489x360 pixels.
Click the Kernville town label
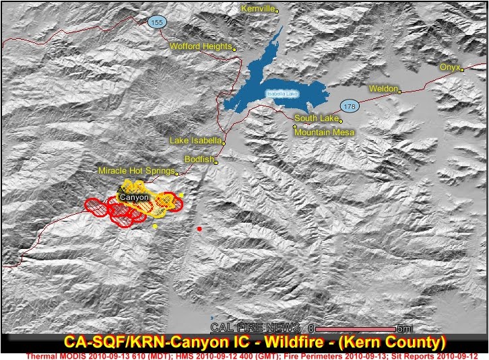259,9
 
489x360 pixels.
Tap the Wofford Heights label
200,47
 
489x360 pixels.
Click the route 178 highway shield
349,106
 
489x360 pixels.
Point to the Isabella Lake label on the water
282,94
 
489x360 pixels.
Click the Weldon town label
384,89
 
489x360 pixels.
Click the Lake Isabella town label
195,141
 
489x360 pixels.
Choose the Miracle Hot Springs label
137,172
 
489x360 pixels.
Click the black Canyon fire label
133,197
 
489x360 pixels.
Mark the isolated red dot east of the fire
199,229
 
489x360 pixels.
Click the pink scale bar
355,328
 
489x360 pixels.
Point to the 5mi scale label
405,328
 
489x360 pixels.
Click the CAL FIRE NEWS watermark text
255,328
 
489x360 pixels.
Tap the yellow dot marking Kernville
277,11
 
